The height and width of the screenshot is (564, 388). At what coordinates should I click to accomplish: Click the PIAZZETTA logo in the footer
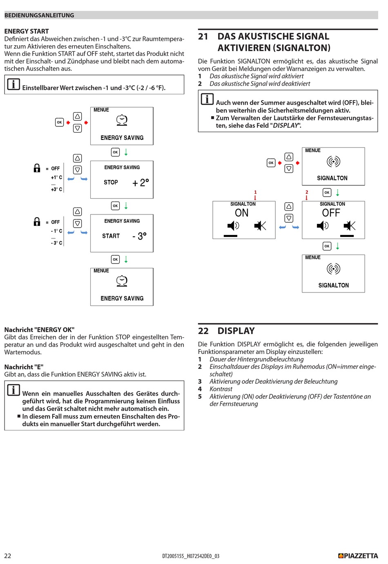(x=358, y=556)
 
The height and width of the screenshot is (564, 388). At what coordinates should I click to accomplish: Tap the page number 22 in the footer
(x=8, y=556)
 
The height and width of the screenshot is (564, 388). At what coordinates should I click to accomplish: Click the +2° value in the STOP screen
(x=140, y=183)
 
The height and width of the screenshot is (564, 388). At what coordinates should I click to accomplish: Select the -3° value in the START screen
(x=139, y=236)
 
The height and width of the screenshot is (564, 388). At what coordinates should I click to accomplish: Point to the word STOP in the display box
(x=111, y=182)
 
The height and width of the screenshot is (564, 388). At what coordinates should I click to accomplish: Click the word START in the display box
(x=111, y=236)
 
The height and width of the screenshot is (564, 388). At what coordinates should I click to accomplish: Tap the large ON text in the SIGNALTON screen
(x=241, y=213)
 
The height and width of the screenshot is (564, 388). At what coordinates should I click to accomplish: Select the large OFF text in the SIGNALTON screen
(x=331, y=213)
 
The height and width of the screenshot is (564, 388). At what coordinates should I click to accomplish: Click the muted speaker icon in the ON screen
(x=260, y=226)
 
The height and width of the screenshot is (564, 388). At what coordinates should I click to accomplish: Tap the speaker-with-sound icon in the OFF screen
(x=323, y=226)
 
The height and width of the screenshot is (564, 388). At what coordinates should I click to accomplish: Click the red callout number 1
(x=255, y=192)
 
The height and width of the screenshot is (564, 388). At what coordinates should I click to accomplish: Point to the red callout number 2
(x=307, y=192)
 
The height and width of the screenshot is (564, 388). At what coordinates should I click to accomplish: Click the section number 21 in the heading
(x=203, y=37)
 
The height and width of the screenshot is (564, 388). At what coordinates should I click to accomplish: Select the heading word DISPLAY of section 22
(x=236, y=331)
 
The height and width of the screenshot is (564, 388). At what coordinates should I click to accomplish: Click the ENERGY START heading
(x=27, y=31)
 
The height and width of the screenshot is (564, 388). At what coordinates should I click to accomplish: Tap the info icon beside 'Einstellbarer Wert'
(x=13, y=84)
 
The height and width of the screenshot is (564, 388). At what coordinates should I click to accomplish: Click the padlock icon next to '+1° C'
(x=37, y=168)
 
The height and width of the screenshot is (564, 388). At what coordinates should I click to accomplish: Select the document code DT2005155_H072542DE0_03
(x=191, y=556)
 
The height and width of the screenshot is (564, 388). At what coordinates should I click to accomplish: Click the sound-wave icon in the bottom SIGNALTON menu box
(x=333, y=269)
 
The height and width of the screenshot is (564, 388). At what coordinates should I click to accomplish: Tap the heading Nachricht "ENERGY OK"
(x=39, y=330)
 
